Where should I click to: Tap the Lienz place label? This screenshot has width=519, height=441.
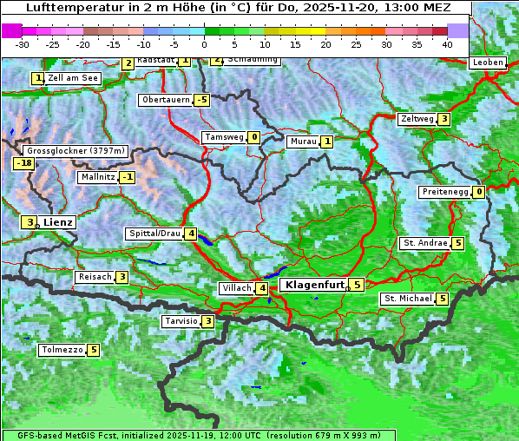[x=58, y=222]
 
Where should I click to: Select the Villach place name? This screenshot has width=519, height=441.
[x=236, y=288]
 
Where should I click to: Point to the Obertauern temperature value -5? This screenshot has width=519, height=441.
[x=202, y=100]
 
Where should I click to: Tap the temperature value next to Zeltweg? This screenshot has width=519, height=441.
[x=444, y=119]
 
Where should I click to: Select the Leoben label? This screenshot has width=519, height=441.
[x=486, y=63]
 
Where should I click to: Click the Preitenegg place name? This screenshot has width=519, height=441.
[x=445, y=192]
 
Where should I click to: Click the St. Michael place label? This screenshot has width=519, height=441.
[x=408, y=299]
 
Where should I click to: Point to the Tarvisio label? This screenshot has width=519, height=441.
[x=181, y=321]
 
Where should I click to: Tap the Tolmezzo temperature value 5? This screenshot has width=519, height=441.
[x=93, y=351]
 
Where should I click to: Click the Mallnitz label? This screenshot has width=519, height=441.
[x=97, y=177]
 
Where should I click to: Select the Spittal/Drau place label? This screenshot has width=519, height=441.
[x=154, y=234]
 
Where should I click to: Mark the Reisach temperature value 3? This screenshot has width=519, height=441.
[x=122, y=277]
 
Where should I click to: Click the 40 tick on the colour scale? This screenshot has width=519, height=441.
[x=447, y=43]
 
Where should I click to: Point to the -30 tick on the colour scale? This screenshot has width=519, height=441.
[x=23, y=43]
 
